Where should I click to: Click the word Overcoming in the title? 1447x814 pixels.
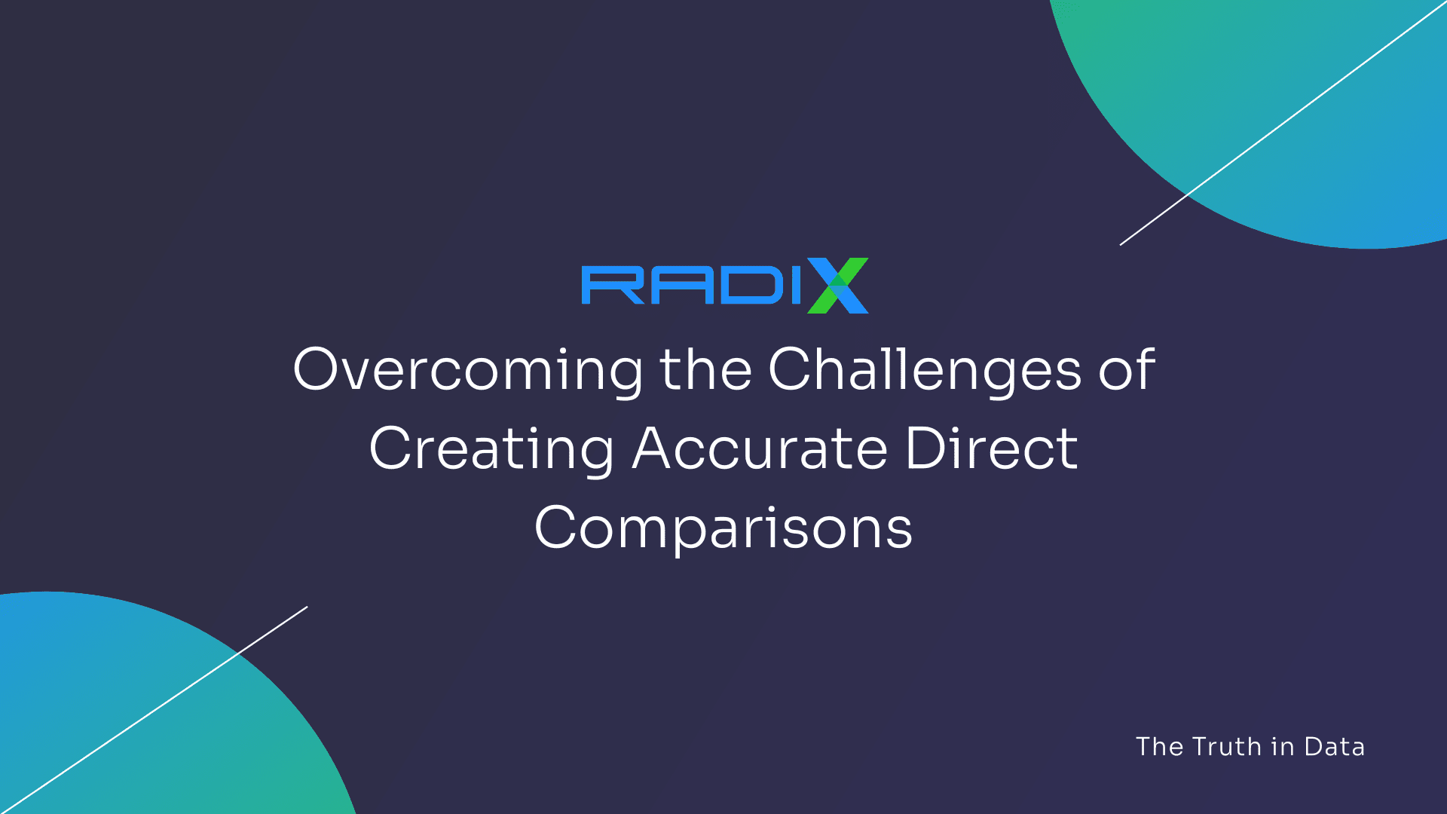pos(467,370)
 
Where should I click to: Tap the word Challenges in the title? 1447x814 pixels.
pos(925,370)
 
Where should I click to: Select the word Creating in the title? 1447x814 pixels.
pos(491,449)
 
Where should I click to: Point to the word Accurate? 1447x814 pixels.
pos(760,449)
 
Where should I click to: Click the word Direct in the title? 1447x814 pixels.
pos(991,449)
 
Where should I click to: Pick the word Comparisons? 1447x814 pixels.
pos(723,528)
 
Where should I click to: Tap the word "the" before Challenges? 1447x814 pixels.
pos(705,370)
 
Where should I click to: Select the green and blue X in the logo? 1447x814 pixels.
pos(837,286)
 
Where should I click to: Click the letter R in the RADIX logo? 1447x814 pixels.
pos(613,286)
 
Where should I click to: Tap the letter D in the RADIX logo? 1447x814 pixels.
pos(748,286)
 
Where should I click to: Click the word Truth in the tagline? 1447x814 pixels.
pos(1227,747)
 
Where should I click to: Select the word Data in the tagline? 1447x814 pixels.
pos(1334,747)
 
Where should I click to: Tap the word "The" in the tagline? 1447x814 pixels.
pos(1160,747)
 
